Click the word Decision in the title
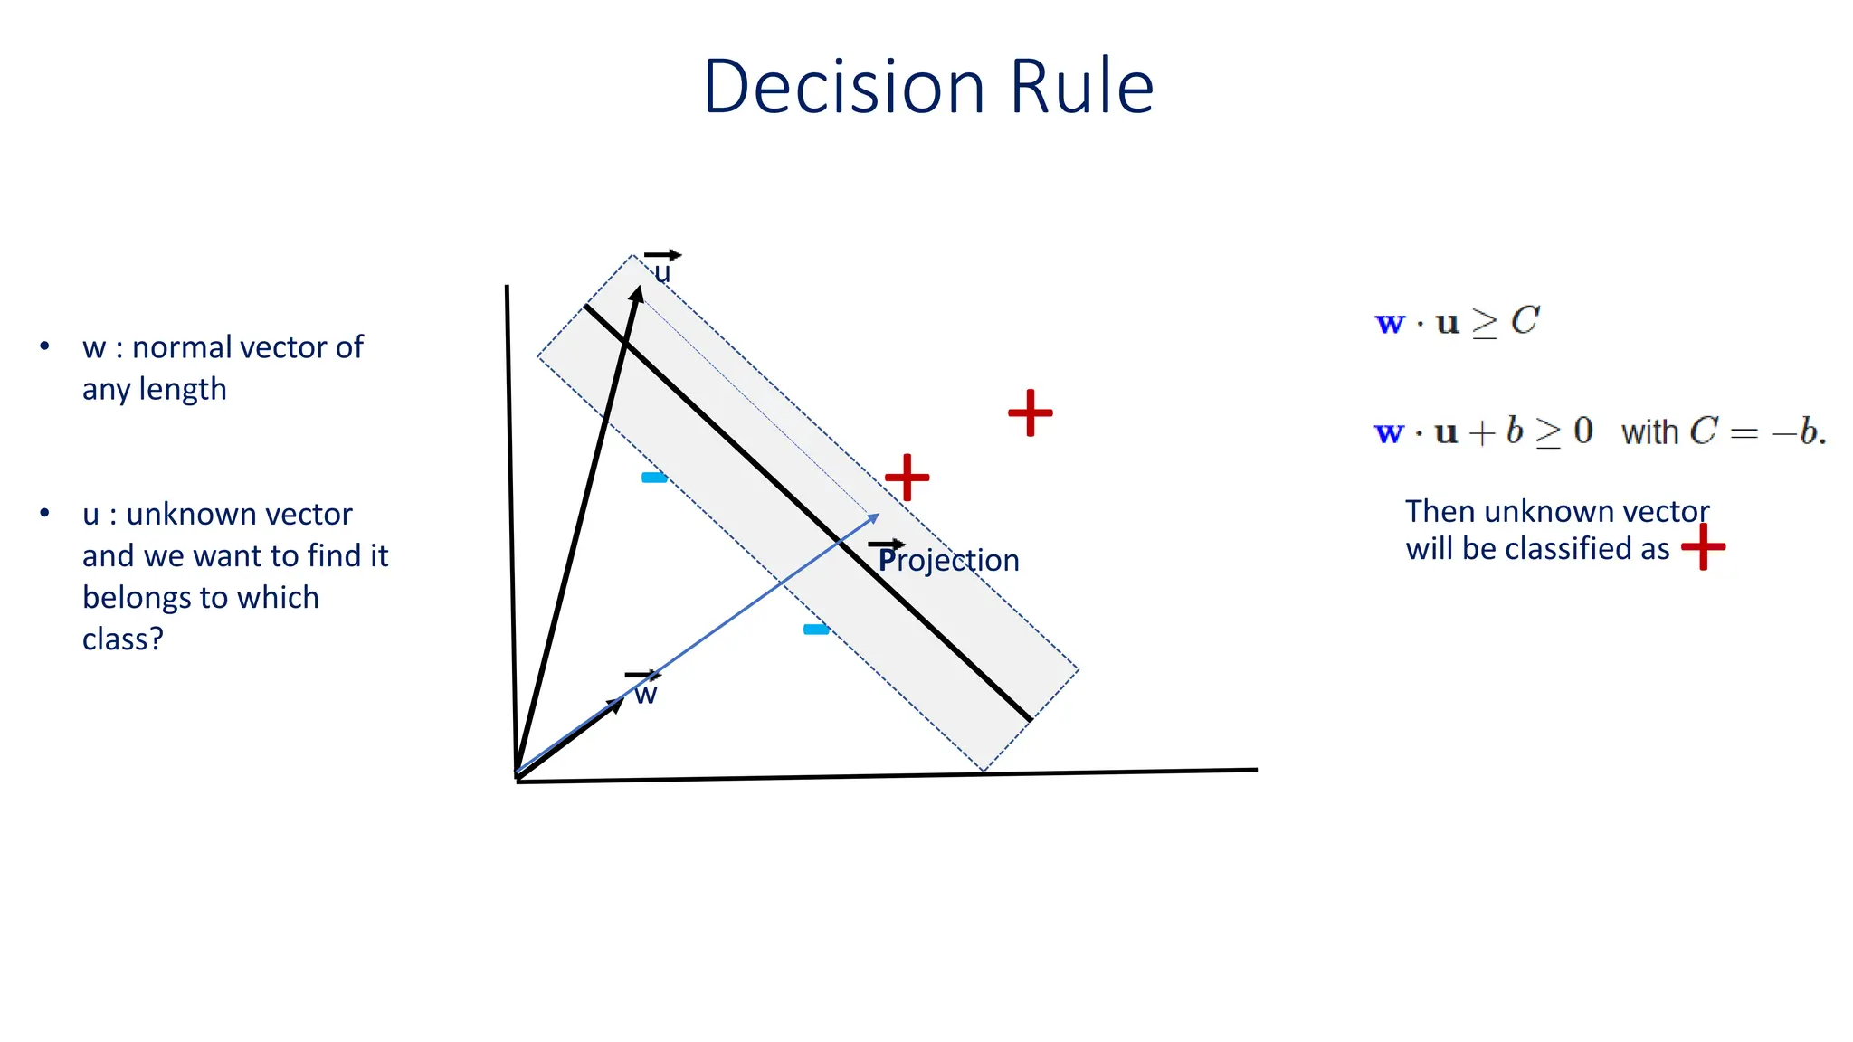click(843, 87)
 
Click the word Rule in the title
click(1081, 87)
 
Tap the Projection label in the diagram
click(948, 561)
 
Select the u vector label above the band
click(662, 271)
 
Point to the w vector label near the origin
click(645, 695)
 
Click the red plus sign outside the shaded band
click(1031, 413)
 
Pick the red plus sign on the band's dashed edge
click(907, 478)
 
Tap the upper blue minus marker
click(654, 478)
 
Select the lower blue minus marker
click(816, 630)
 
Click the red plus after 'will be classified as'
click(1703, 547)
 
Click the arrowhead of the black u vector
click(638, 295)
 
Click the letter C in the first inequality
click(1525, 321)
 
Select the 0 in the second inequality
click(1582, 431)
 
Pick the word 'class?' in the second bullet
click(123, 639)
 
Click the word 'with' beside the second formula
click(1649, 432)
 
